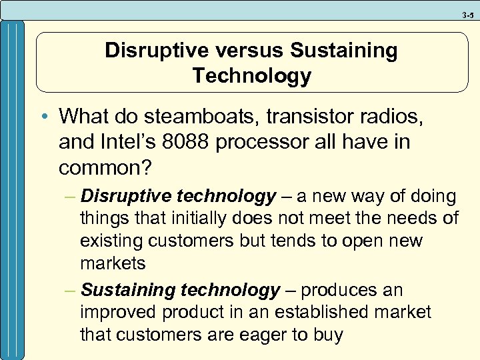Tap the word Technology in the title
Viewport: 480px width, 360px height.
[x=251, y=76]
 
